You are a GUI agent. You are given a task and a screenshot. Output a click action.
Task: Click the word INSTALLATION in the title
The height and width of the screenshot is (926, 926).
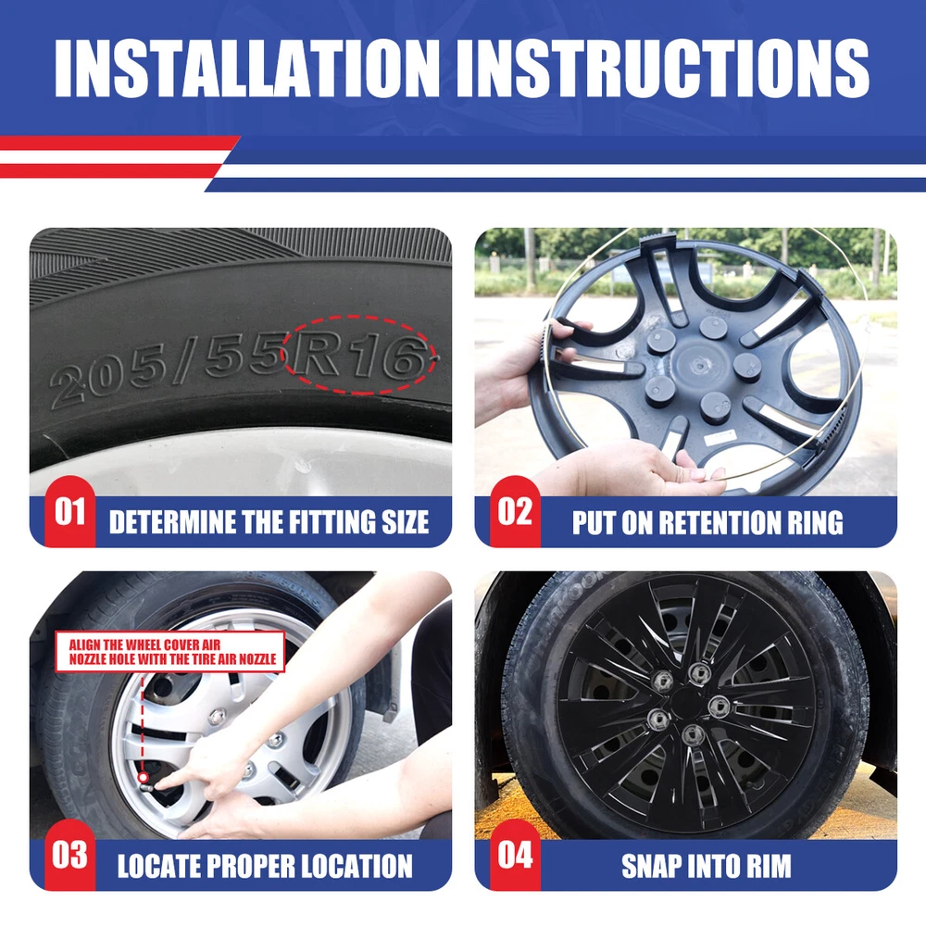(247, 68)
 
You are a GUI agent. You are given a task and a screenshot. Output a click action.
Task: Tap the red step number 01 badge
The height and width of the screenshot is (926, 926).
(69, 511)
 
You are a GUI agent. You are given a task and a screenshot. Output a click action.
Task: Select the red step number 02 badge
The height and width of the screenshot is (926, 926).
(515, 511)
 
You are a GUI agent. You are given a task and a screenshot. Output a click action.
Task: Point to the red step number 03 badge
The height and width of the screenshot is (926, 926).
(69, 855)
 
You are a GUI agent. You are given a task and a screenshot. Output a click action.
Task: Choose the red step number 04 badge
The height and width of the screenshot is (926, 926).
(515, 855)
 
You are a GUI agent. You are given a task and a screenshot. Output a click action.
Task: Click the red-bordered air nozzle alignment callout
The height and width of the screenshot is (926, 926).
(170, 652)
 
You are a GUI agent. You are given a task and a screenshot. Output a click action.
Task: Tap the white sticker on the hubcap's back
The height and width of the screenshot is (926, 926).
(720, 438)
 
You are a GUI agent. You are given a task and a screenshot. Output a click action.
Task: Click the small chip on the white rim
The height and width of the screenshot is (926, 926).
(303, 466)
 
